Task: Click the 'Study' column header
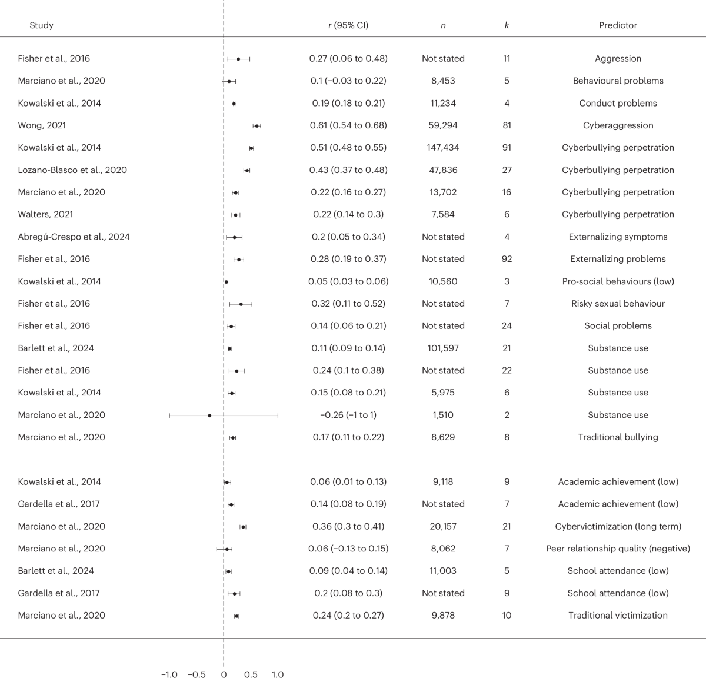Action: coord(41,25)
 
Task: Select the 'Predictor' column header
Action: coord(618,25)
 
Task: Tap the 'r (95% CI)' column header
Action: coord(348,25)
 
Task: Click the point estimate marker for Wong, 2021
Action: coord(257,125)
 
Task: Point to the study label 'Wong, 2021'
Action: coord(42,125)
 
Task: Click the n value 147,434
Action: coord(443,148)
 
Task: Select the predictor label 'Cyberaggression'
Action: coord(618,125)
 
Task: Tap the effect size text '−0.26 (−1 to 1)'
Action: coord(348,415)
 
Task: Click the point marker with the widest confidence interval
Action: coord(209,415)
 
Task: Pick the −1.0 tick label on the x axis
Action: coord(169,674)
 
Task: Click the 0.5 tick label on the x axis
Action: coord(251,674)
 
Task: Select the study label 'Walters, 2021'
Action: coord(45,214)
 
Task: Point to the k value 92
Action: coord(507,259)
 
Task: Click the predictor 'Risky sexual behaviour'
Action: coord(618,304)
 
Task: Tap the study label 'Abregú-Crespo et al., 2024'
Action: coord(74,237)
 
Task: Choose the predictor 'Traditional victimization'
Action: coord(618,616)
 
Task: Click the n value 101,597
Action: coord(443,348)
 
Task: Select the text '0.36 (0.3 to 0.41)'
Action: coord(348,526)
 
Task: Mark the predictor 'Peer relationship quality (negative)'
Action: coord(618,549)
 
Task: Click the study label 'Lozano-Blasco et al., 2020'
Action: coord(72,170)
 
